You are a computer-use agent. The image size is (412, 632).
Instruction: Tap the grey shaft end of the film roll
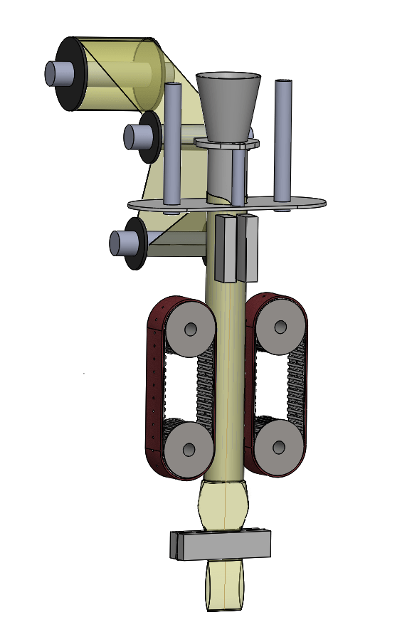55,73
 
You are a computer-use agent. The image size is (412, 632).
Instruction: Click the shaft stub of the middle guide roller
133,137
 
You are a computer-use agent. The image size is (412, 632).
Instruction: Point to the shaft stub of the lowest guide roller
120,243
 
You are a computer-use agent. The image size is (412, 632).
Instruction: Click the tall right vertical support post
283,142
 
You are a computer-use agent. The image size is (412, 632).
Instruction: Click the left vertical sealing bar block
225,249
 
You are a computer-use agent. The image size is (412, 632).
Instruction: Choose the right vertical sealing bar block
248,249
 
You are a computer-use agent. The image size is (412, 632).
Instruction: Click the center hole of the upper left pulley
191,329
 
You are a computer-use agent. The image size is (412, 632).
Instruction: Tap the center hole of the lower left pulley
189,450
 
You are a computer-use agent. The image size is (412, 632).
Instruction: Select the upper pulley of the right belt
280,327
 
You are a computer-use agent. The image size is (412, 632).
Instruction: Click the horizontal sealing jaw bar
224,545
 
